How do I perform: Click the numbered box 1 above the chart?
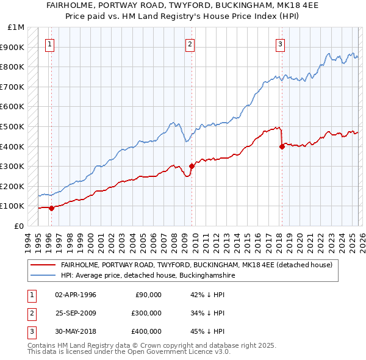click(x=49, y=43)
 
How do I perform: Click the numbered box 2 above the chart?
click(x=190, y=43)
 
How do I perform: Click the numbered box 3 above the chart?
click(x=280, y=43)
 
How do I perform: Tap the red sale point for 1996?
click(x=51, y=208)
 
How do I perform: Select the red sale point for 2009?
click(x=192, y=166)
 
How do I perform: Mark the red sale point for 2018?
click(x=282, y=146)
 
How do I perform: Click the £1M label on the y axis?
click(x=16, y=27)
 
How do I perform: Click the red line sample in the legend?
click(x=43, y=265)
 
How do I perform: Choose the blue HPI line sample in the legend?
click(x=43, y=276)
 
